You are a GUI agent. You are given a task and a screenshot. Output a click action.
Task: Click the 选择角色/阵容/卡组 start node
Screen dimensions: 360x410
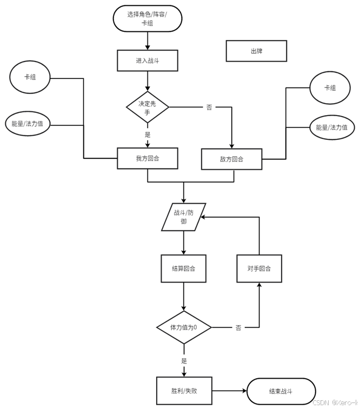[x=147, y=18]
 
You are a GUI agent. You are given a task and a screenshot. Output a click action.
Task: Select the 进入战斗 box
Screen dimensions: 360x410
[x=148, y=61]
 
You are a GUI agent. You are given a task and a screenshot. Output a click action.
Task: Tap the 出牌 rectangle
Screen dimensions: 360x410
[x=256, y=51]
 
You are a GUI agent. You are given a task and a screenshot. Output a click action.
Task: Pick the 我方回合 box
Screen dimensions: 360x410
[x=148, y=158]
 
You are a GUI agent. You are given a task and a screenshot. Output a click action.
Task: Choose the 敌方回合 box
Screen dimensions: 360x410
[x=231, y=159]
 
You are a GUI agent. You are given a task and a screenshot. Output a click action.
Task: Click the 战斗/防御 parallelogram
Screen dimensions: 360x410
[x=184, y=217]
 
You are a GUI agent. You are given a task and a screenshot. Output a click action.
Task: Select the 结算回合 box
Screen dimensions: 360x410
[x=183, y=268]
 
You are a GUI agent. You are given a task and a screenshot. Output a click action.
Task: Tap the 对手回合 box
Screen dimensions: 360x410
[x=259, y=268]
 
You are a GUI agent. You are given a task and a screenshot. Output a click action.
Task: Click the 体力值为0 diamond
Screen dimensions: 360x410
[x=184, y=327]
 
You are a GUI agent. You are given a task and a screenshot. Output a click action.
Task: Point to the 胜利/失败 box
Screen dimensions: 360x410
[x=184, y=391]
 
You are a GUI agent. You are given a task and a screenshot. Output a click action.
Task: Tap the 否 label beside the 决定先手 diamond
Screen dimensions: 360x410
[x=209, y=107]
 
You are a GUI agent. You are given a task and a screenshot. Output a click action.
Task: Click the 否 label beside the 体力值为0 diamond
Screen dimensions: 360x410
[x=238, y=327]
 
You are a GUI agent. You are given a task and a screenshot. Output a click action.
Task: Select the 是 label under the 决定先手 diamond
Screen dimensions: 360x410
[x=148, y=135]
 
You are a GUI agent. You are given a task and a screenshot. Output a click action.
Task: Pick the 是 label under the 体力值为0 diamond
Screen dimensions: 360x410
[x=184, y=361]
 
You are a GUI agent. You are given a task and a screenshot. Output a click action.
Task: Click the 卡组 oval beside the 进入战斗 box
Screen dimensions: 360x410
[x=30, y=77]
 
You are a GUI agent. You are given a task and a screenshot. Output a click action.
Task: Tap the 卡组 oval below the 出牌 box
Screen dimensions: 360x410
[x=330, y=88]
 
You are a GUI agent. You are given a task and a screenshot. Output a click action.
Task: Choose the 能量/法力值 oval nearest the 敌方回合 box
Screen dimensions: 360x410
[x=332, y=128]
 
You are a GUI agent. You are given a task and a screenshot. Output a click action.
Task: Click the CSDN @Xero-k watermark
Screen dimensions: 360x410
[x=335, y=402]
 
